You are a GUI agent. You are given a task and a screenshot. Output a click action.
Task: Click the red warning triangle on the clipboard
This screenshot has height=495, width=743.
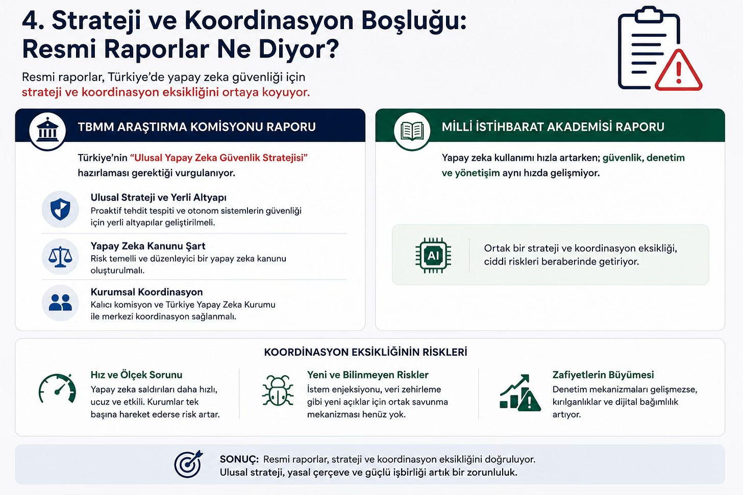click(679, 71)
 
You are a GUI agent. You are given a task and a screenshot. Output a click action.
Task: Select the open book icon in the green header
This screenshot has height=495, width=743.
click(412, 131)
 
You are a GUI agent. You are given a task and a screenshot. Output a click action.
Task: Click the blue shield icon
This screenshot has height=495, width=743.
click(60, 209)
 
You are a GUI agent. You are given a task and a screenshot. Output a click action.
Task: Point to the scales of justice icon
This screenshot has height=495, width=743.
click(60, 257)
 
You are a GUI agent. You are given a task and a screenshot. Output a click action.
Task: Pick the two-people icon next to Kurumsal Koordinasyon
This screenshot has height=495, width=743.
click(60, 303)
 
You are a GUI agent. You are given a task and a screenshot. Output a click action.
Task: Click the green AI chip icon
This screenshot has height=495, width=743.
click(433, 255)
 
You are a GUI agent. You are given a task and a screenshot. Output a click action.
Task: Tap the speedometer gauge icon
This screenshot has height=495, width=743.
click(57, 389)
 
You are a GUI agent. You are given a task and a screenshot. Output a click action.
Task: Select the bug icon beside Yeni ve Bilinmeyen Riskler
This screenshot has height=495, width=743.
click(278, 390)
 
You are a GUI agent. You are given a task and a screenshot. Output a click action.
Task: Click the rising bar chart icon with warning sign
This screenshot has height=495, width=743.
click(520, 393)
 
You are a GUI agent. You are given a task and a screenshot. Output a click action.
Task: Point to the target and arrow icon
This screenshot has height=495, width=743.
click(188, 464)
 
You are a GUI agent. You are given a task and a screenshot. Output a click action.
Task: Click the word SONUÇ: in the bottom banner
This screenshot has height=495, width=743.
click(239, 459)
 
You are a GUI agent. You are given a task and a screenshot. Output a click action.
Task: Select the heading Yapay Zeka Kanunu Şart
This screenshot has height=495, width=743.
click(148, 246)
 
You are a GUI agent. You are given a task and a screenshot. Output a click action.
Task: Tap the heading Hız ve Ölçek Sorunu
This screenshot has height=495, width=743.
click(136, 375)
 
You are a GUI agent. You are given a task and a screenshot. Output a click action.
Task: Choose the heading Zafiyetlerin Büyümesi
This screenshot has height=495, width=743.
click(603, 375)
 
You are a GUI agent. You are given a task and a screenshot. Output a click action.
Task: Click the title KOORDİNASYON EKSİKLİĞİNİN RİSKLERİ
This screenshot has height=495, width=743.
click(365, 352)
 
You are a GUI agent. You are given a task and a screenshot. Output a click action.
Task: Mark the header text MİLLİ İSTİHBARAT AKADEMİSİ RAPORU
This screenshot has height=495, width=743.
click(553, 127)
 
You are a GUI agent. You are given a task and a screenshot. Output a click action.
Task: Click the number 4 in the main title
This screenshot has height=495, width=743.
click(30, 20)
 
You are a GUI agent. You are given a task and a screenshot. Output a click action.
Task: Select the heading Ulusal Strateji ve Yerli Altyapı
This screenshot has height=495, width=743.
click(159, 197)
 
